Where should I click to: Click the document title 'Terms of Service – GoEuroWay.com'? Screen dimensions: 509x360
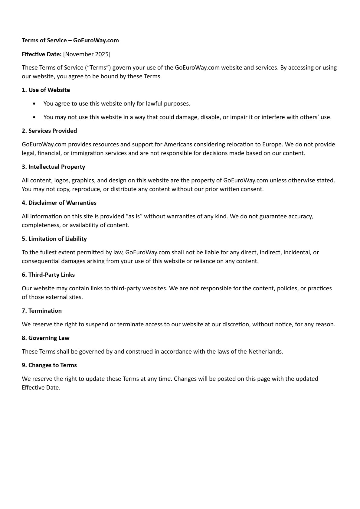(x=70, y=41)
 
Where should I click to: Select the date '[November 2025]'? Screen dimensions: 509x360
(x=87, y=54)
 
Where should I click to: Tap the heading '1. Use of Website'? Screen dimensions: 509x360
(x=46, y=90)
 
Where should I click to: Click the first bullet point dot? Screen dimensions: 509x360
(x=34, y=104)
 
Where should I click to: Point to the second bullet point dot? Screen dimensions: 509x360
(x=34, y=117)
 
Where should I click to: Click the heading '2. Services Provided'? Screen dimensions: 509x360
(x=49, y=131)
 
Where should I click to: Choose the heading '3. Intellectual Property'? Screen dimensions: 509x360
(x=53, y=167)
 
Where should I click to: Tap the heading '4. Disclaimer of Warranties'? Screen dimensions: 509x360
(x=59, y=203)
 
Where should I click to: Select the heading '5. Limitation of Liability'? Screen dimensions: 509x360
(x=54, y=239)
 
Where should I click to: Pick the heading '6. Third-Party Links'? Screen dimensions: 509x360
(x=48, y=275)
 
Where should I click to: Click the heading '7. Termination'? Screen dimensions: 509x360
(x=42, y=311)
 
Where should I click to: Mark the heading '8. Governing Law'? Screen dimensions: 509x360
(x=45, y=338)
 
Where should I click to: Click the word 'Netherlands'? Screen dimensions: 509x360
(x=265, y=351)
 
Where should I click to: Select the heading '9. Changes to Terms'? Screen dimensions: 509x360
(x=49, y=365)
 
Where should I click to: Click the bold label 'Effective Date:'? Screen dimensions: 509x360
(x=42, y=54)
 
